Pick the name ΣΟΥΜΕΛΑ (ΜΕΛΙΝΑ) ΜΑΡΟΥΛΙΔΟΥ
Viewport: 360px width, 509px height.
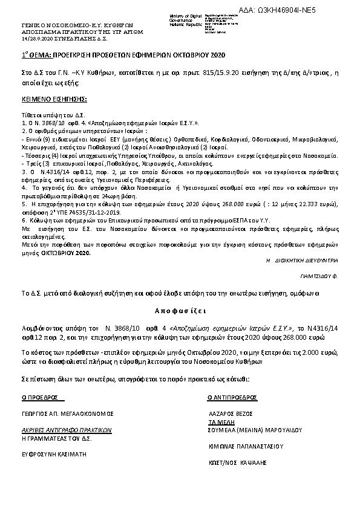250,430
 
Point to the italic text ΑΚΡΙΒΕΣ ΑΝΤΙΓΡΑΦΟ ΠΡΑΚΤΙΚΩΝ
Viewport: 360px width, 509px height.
67,430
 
